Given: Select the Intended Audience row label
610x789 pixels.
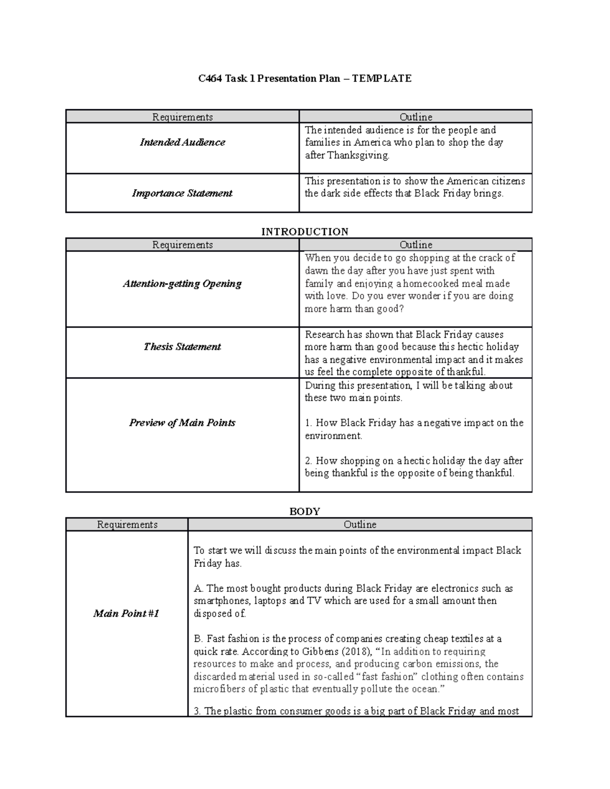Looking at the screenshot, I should point(182,142).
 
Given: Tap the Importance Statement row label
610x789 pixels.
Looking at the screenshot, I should point(182,193).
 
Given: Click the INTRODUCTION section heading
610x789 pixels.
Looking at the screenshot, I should point(304,232).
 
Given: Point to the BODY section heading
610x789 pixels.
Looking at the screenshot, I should point(304,511).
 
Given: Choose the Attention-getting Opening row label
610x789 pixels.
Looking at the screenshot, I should point(182,283).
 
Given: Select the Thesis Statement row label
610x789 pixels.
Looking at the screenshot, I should point(182,346).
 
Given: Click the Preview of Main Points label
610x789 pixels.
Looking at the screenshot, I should point(182,423).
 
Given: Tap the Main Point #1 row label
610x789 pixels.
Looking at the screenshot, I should point(126,613).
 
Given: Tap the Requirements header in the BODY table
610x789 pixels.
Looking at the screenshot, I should point(127,524).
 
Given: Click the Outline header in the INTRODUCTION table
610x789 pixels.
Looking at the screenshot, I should point(416,245).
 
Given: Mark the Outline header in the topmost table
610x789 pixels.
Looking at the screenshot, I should point(416,117).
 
